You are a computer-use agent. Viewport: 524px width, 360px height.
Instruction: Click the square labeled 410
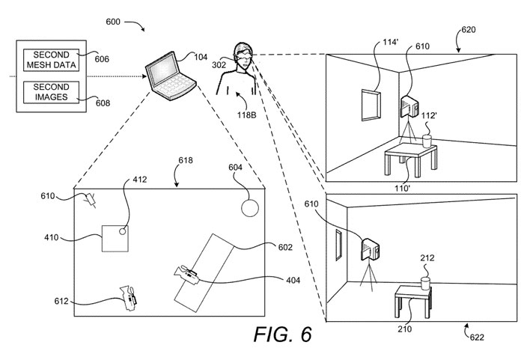coord(114,240)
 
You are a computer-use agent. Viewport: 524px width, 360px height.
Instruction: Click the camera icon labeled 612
coord(129,297)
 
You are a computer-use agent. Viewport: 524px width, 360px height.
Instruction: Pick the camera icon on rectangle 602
coord(187,275)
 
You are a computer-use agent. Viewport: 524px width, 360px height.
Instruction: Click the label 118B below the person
coord(247,115)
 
